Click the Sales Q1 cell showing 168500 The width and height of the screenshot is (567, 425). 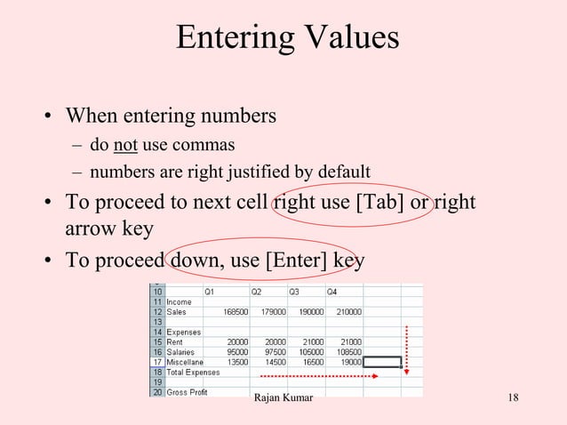point(230,312)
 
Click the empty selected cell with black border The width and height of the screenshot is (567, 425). point(382,362)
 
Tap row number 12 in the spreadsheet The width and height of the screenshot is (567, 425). point(156,312)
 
